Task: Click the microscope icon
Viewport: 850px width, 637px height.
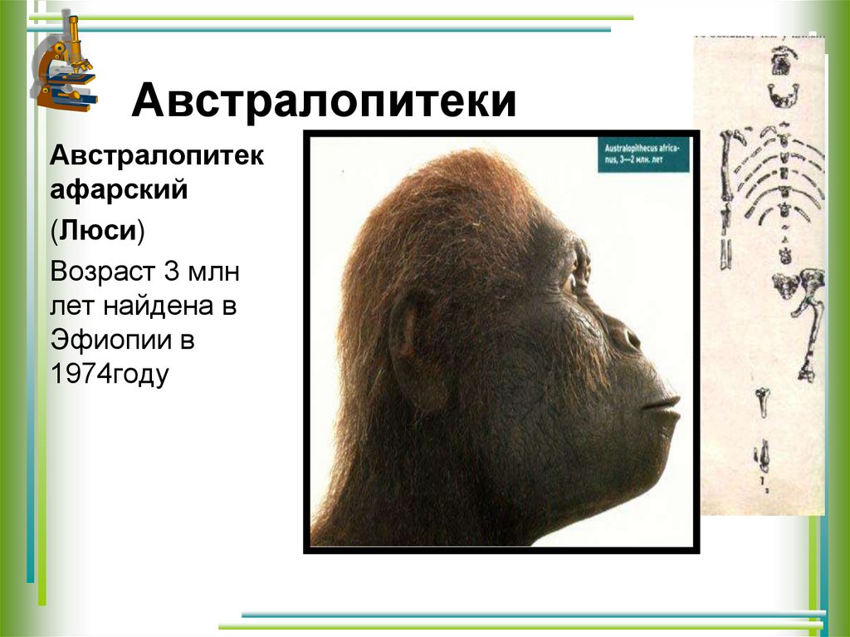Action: pos(65,64)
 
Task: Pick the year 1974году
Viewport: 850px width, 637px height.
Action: pos(110,375)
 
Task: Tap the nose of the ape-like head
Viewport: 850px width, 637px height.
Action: pos(627,336)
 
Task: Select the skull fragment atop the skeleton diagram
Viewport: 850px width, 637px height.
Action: pos(780,61)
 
